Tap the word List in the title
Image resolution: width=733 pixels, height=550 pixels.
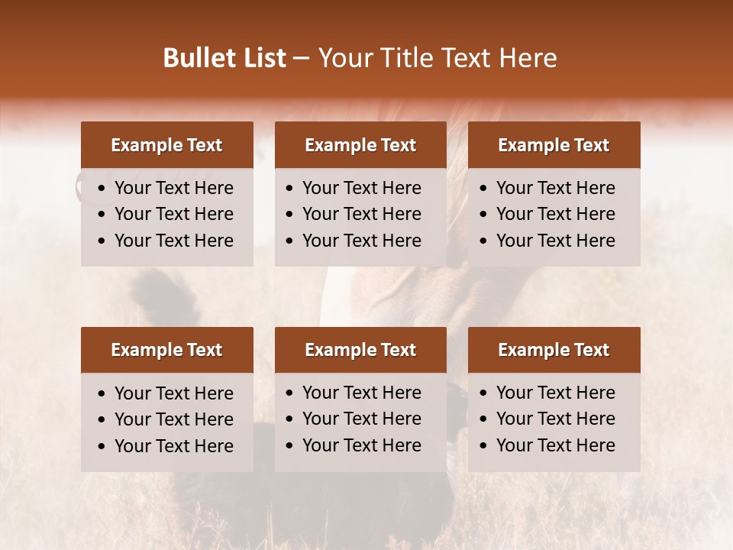261,58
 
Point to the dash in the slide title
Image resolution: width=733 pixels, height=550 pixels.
302,59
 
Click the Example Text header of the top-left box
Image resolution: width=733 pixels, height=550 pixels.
166,145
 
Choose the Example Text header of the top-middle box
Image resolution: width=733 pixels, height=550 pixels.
360,145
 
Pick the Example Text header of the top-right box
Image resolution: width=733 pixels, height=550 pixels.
554,145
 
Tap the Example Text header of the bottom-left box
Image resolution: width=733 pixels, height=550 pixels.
166,350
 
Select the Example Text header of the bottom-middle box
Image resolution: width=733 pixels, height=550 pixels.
360,350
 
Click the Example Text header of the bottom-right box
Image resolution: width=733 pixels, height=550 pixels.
554,350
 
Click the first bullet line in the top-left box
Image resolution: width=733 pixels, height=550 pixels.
173,188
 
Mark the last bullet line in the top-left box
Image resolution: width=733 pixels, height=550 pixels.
173,241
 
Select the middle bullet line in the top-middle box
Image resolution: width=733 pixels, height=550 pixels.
361,214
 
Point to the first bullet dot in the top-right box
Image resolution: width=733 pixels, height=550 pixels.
483,189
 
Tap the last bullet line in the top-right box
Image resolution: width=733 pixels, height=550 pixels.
555,241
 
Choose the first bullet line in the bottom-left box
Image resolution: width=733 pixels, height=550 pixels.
173,393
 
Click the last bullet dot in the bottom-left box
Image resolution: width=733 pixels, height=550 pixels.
102,447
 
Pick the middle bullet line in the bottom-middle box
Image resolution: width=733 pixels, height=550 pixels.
361,419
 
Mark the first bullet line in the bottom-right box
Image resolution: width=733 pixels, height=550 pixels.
555,393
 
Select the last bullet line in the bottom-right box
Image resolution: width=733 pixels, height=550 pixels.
555,445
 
